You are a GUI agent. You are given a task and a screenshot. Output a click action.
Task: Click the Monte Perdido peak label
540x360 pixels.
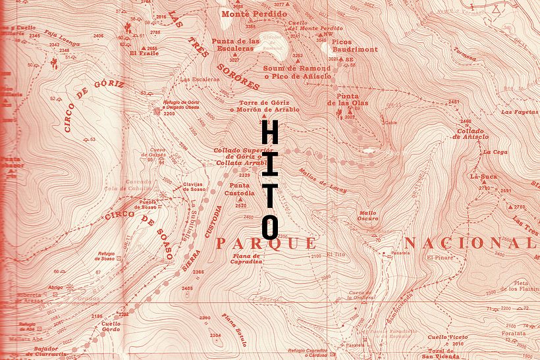click(246, 13)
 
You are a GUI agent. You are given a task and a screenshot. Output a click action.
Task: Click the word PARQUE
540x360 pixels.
click(266, 244)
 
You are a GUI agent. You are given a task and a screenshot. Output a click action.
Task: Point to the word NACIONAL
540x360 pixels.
click(469, 244)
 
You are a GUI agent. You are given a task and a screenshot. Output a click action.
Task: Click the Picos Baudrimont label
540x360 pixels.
click(355, 45)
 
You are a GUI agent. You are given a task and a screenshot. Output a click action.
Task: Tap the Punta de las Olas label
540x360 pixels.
click(348, 98)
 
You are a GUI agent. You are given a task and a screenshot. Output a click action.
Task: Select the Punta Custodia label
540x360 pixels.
click(240, 190)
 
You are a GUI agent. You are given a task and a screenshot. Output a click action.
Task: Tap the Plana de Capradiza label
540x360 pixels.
click(247, 258)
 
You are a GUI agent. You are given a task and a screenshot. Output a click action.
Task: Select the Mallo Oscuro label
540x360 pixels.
click(367, 215)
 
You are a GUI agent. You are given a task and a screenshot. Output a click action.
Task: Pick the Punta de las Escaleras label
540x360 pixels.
click(232, 44)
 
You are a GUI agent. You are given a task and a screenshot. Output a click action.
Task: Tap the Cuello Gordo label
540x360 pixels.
click(111, 326)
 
